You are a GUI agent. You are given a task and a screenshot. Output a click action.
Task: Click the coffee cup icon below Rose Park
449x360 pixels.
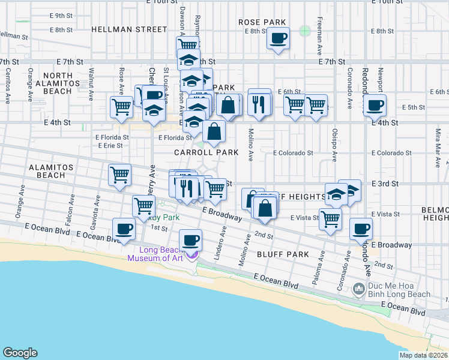tap(278, 39)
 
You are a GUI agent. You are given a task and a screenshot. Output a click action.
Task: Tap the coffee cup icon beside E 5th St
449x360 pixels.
tap(376, 106)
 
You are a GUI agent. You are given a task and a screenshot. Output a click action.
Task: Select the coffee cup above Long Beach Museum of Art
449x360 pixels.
tap(191, 240)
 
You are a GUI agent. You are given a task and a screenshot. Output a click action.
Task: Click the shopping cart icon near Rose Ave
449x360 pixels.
tap(122, 106)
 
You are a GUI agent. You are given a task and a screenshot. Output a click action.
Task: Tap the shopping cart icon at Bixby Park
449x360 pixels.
tap(144, 206)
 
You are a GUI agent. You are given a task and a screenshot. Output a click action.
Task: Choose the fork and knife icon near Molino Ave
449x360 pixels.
tap(259, 104)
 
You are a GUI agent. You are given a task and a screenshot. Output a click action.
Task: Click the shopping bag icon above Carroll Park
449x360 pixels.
tap(214, 131)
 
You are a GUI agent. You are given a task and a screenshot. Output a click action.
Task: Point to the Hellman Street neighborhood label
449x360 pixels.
tap(129, 29)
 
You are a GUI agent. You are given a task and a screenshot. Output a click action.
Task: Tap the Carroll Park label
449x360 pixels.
tap(206, 153)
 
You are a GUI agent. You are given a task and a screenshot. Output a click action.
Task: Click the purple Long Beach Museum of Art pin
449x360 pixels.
tap(193, 256)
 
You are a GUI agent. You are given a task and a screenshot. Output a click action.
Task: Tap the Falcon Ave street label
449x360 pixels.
tap(71, 205)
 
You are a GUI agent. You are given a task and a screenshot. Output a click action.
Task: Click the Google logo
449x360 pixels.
tap(20, 353)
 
